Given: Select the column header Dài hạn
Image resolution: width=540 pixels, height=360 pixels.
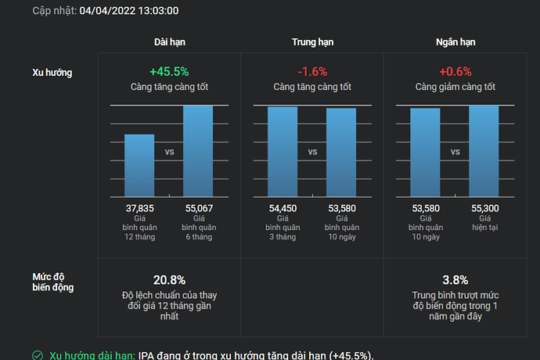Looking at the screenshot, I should point(169,42).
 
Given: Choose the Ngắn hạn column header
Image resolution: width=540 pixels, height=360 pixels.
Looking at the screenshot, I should point(455,42).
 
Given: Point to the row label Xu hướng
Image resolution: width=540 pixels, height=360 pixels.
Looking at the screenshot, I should point(52,73).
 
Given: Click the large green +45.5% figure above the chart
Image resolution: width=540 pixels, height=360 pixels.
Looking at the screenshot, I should point(169,71).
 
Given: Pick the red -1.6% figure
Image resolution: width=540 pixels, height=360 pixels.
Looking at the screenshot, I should point(312,71).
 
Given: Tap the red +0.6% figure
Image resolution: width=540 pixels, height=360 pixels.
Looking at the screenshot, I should point(455,71).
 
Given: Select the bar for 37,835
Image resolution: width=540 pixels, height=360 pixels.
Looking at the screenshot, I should point(140,166).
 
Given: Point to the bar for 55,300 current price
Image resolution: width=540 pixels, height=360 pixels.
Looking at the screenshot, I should point(484,151).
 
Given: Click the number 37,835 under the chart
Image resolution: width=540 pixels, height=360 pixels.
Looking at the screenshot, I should point(140,209).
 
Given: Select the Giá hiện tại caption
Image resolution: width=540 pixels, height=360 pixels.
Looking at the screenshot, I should point(484,222).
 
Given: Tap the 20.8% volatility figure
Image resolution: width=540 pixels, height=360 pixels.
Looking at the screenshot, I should point(169,280).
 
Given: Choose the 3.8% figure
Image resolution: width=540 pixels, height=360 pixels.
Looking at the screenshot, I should point(455,280).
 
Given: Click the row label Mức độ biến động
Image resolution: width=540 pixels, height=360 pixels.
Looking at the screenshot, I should point(52,282).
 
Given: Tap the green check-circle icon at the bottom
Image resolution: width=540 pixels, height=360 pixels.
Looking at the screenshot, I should point(38,355).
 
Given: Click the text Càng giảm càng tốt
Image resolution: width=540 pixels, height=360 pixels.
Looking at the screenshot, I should point(455,87).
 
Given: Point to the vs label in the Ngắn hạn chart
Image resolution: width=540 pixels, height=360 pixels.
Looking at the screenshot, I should point(455,153).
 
